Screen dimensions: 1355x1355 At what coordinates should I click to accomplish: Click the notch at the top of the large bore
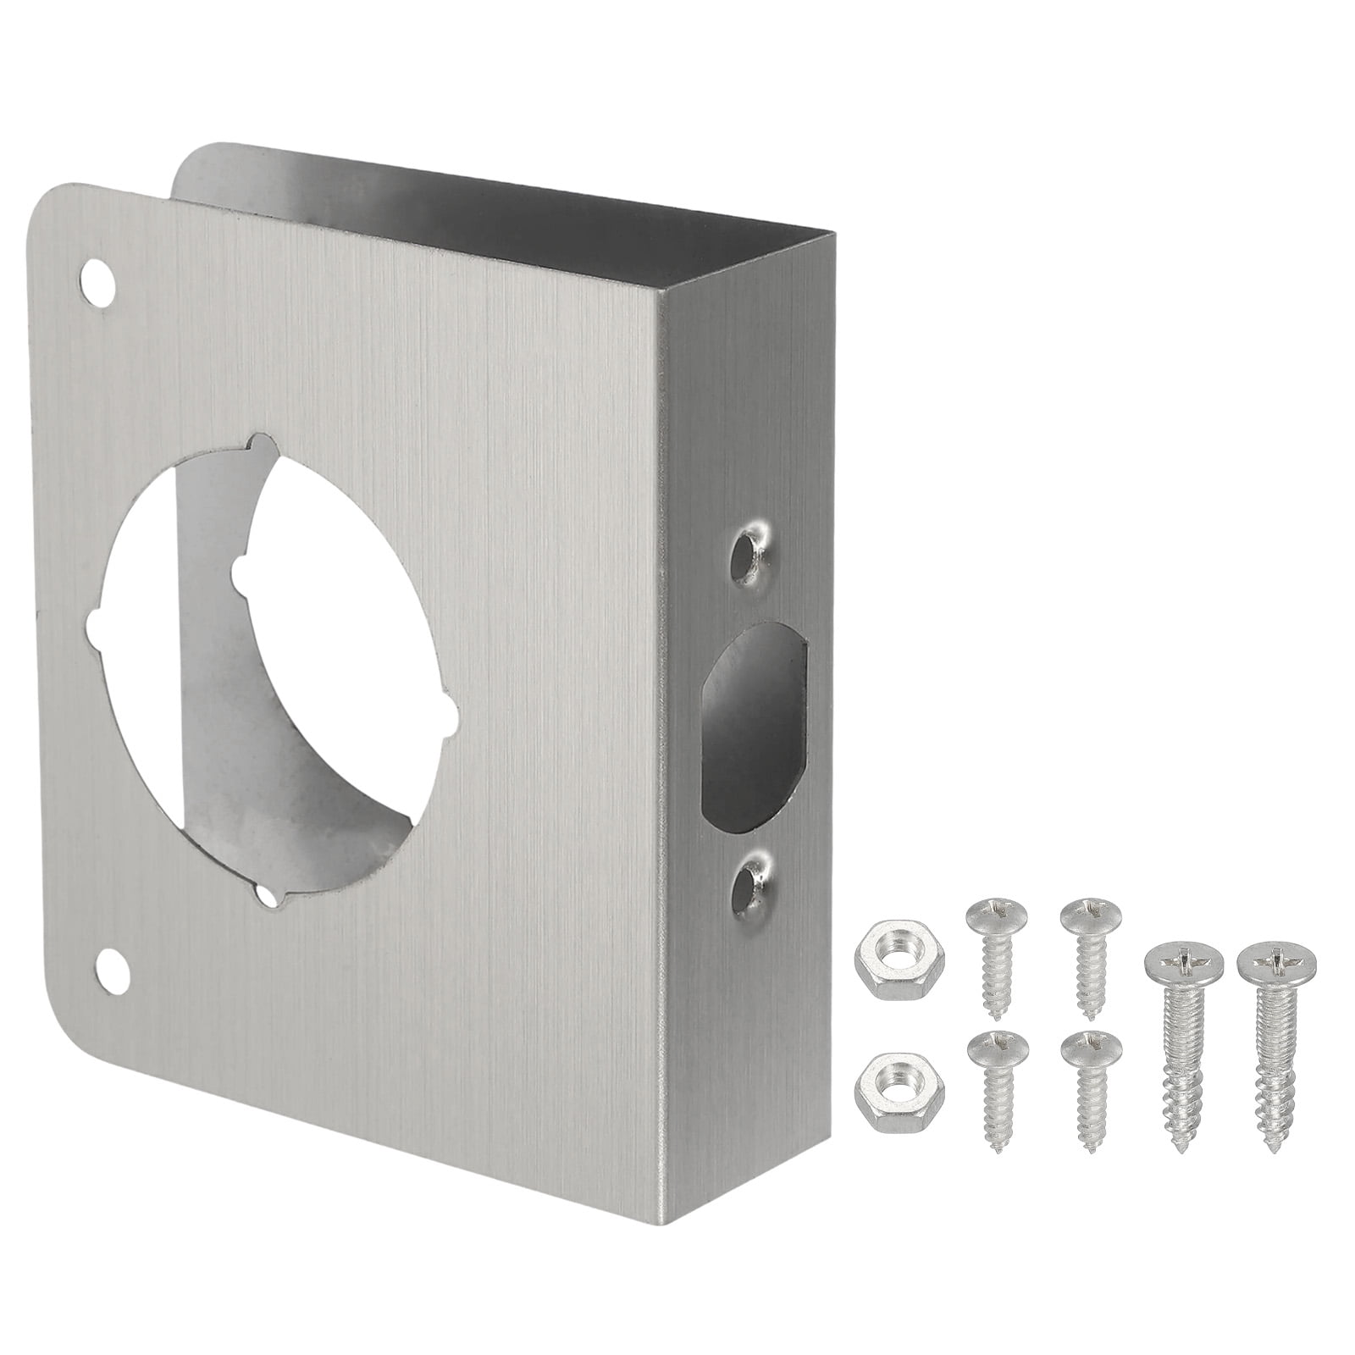tap(263, 444)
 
